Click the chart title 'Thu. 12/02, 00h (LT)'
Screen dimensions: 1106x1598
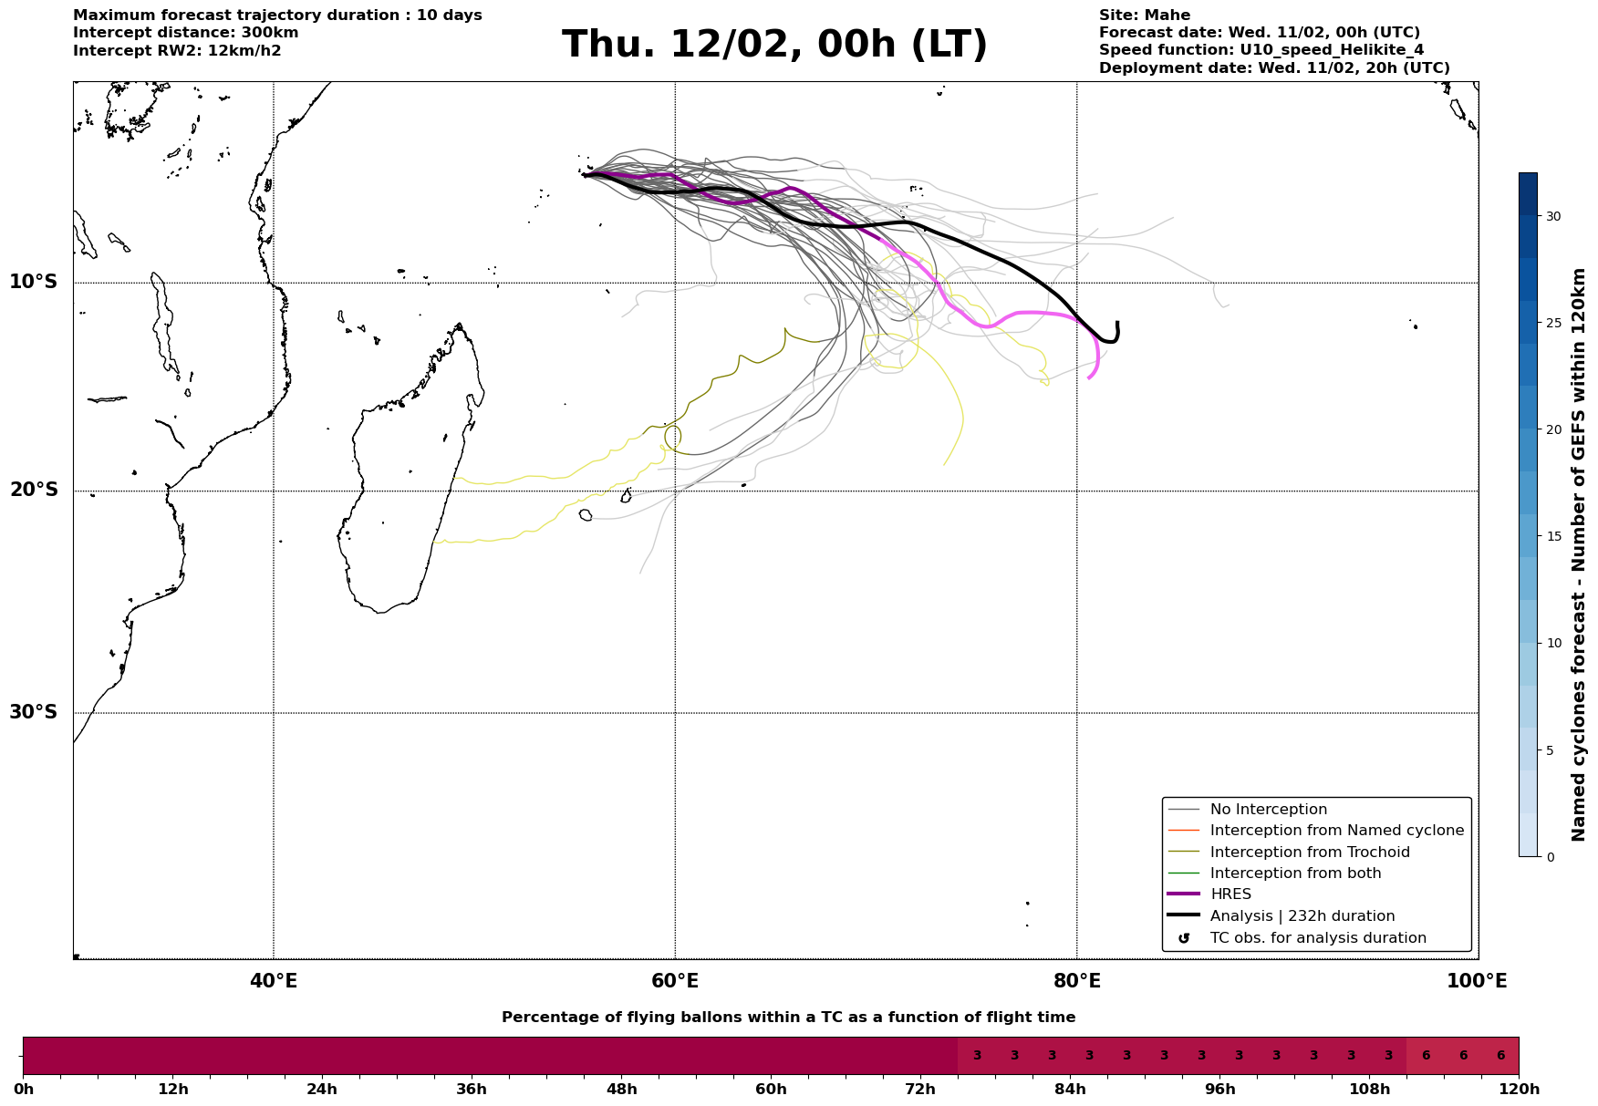(774, 45)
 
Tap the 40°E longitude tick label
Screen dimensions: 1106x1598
(274, 982)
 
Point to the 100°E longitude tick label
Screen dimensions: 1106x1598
(1477, 982)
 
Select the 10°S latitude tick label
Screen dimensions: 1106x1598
(34, 282)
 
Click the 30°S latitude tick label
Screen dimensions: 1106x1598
(34, 712)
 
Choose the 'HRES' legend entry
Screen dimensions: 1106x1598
(1230, 894)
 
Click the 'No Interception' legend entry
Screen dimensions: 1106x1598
(1268, 810)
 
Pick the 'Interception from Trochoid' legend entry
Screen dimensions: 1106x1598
(1309, 853)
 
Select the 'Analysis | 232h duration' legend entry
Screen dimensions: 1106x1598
(1302, 916)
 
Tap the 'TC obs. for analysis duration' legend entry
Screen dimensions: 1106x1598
(1317, 938)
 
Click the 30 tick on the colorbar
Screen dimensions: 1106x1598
(1552, 216)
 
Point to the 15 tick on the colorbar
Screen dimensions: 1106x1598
(1552, 536)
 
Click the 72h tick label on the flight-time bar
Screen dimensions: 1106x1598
(920, 1090)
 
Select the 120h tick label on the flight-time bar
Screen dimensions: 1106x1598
(1519, 1090)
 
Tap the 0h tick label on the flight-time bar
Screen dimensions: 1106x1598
(24, 1090)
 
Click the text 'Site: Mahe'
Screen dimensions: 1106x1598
(1144, 16)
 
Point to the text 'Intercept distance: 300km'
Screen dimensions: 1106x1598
(185, 33)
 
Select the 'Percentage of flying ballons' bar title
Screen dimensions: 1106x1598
(788, 1018)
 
